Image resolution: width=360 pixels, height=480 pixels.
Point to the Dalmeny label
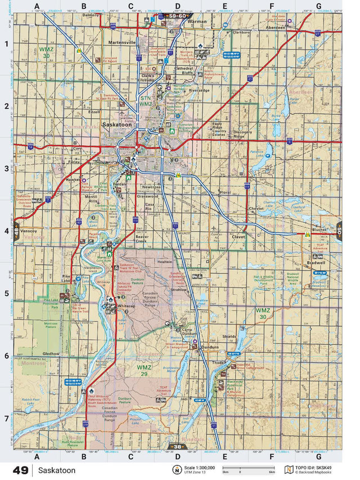coord(91,15)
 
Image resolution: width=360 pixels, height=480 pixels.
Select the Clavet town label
coord(239,237)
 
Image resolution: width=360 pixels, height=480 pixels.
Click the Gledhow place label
coord(51,353)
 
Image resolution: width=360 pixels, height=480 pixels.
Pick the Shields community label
coord(229,336)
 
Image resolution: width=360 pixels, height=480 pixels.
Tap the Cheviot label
coord(256,208)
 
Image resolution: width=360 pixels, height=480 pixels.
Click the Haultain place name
coord(165,262)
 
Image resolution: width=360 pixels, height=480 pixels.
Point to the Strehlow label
coord(179,289)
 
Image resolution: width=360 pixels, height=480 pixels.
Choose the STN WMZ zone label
coord(146,101)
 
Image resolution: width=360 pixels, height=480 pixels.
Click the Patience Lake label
coord(257,153)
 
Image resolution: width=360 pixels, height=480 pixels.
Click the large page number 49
coord(20,470)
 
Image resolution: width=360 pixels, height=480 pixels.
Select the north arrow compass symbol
coord(177,470)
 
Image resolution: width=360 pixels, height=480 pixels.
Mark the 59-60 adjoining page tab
coord(178,17)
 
